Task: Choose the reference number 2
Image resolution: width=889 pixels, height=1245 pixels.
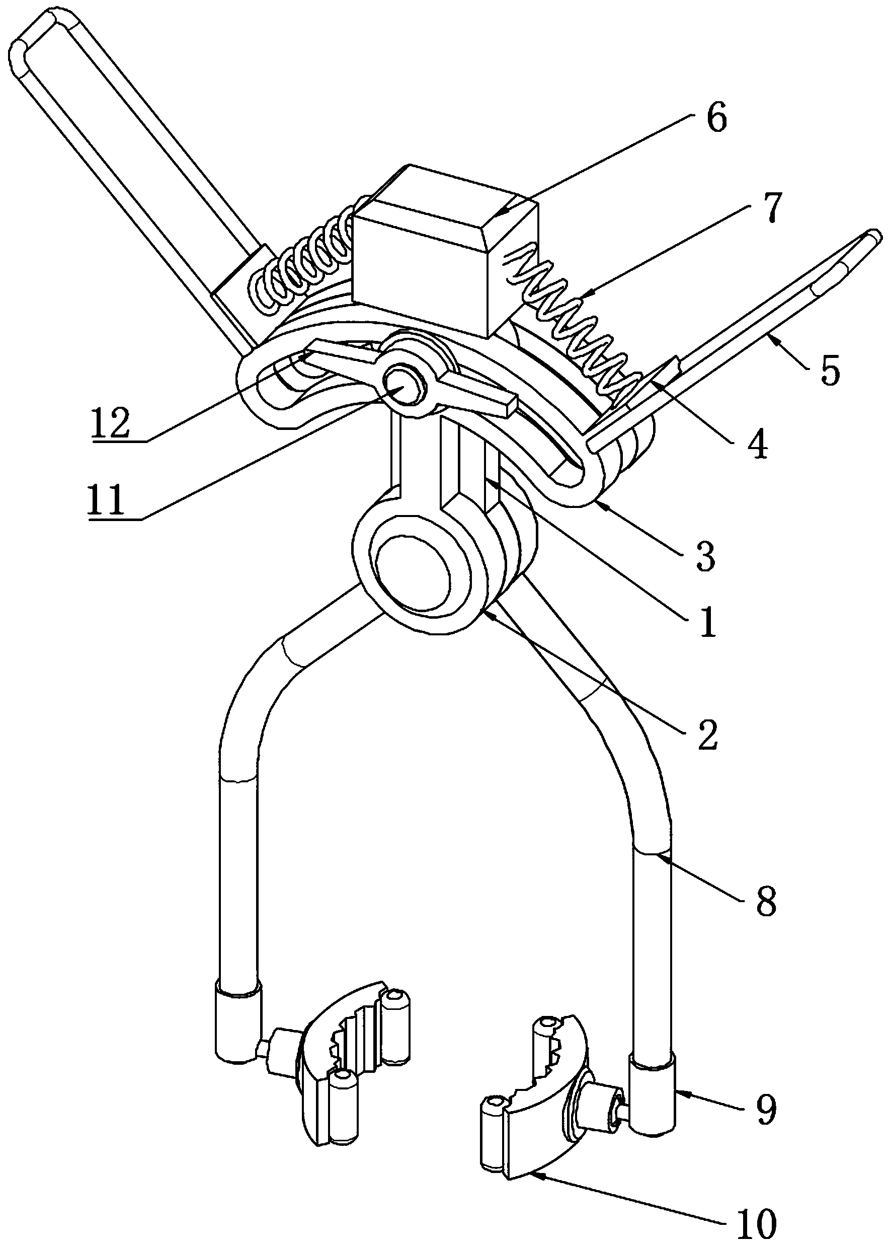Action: [706, 735]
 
